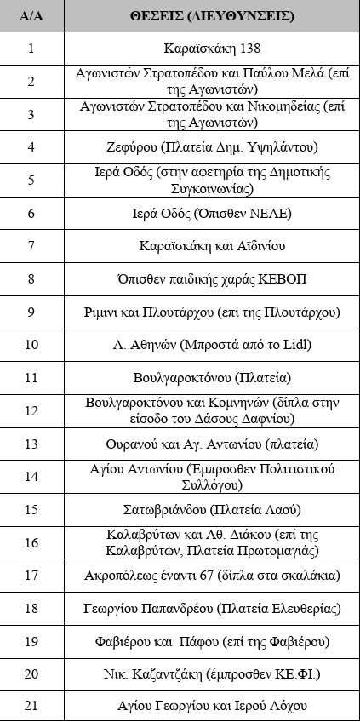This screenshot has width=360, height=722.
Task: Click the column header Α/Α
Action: click(x=31, y=16)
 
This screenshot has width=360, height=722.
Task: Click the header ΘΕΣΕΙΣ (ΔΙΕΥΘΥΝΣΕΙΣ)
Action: click(x=212, y=16)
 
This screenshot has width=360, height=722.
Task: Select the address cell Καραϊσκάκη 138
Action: click(x=212, y=49)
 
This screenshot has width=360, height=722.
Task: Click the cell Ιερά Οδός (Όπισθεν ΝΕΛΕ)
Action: click(x=212, y=213)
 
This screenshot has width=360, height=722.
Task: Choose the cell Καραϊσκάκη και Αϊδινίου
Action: click(x=212, y=246)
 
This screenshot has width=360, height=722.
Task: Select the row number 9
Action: click(x=31, y=312)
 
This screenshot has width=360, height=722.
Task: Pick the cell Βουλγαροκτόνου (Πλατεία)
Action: click(x=212, y=377)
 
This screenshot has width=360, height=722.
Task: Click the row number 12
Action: click(x=31, y=410)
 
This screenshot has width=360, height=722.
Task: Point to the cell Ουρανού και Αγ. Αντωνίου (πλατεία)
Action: click(x=212, y=444)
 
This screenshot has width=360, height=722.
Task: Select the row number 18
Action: click(x=31, y=608)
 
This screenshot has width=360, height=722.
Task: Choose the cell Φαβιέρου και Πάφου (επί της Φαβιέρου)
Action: click(x=212, y=641)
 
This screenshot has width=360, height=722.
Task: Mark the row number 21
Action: click(x=31, y=706)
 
